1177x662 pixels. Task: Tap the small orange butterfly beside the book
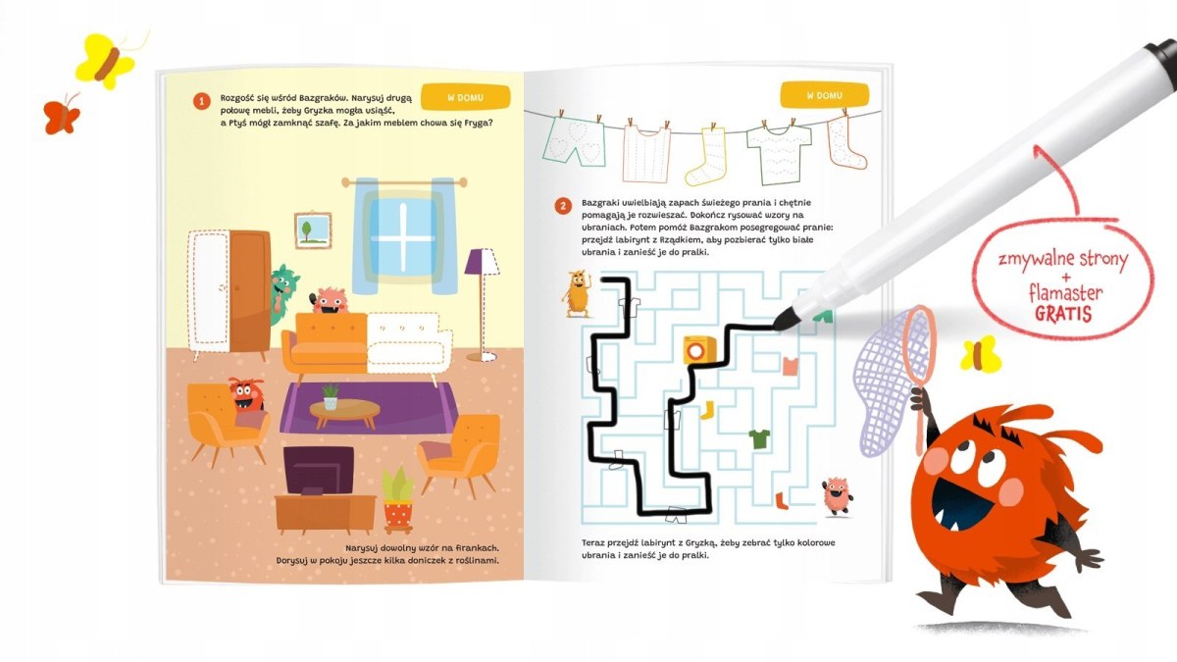(x=62, y=115)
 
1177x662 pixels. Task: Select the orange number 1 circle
(x=202, y=101)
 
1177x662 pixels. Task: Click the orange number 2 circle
(x=563, y=206)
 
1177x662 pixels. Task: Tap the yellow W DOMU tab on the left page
(x=466, y=97)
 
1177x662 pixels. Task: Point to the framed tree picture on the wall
(x=313, y=230)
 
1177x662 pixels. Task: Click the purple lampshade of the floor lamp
(x=482, y=262)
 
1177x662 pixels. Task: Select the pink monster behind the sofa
(x=329, y=301)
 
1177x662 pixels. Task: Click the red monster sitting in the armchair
(x=246, y=395)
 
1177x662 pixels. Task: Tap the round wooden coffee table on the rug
(x=344, y=413)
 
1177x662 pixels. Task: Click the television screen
(x=319, y=470)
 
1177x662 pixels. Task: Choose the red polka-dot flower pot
(x=398, y=516)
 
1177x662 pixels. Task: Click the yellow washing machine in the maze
(x=700, y=349)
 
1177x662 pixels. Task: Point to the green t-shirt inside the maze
(x=759, y=438)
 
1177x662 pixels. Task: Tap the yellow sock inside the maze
(x=707, y=410)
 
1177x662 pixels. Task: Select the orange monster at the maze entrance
(x=577, y=293)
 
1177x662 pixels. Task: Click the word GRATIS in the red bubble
(x=1063, y=314)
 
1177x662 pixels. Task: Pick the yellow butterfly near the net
(x=981, y=354)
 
